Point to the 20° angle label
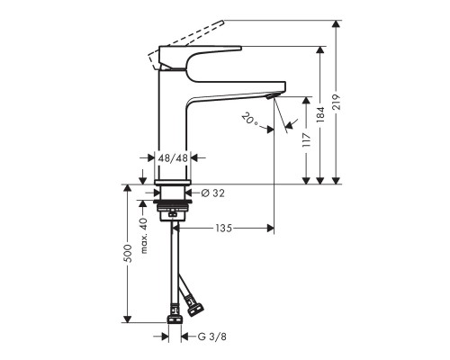250,118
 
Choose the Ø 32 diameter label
211,193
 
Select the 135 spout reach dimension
224,229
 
